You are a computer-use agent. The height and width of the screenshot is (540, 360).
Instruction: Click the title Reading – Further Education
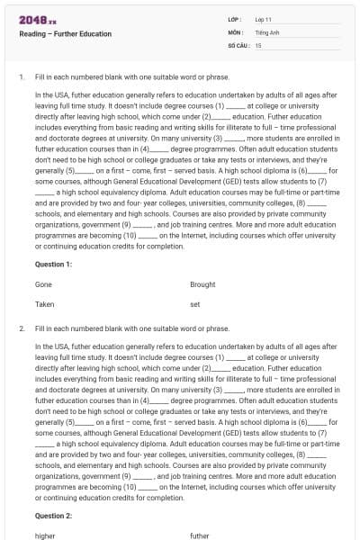click(x=65, y=34)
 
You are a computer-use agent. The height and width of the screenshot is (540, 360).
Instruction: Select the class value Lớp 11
click(x=265, y=19)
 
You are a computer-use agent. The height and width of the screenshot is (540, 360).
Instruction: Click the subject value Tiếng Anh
click(x=267, y=31)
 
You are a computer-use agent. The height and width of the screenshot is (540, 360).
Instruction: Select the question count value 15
click(x=258, y=44)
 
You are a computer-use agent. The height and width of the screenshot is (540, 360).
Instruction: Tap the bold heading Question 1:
click(x=53, y=264)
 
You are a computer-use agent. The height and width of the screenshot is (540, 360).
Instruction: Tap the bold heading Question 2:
click(x=53, y=516)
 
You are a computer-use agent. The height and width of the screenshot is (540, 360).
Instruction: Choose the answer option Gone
click(x=43, y=284)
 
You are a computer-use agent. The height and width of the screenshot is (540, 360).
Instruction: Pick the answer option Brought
click(x=202, y=284)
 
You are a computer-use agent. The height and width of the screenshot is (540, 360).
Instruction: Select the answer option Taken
click(x=44, y=304)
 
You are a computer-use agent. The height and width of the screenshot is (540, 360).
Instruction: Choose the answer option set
click(x=194, y=304)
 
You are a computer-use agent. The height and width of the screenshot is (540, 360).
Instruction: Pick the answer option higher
click(x=45, y=535)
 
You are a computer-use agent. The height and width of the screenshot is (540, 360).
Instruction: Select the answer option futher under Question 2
click(x=199, y=535)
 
